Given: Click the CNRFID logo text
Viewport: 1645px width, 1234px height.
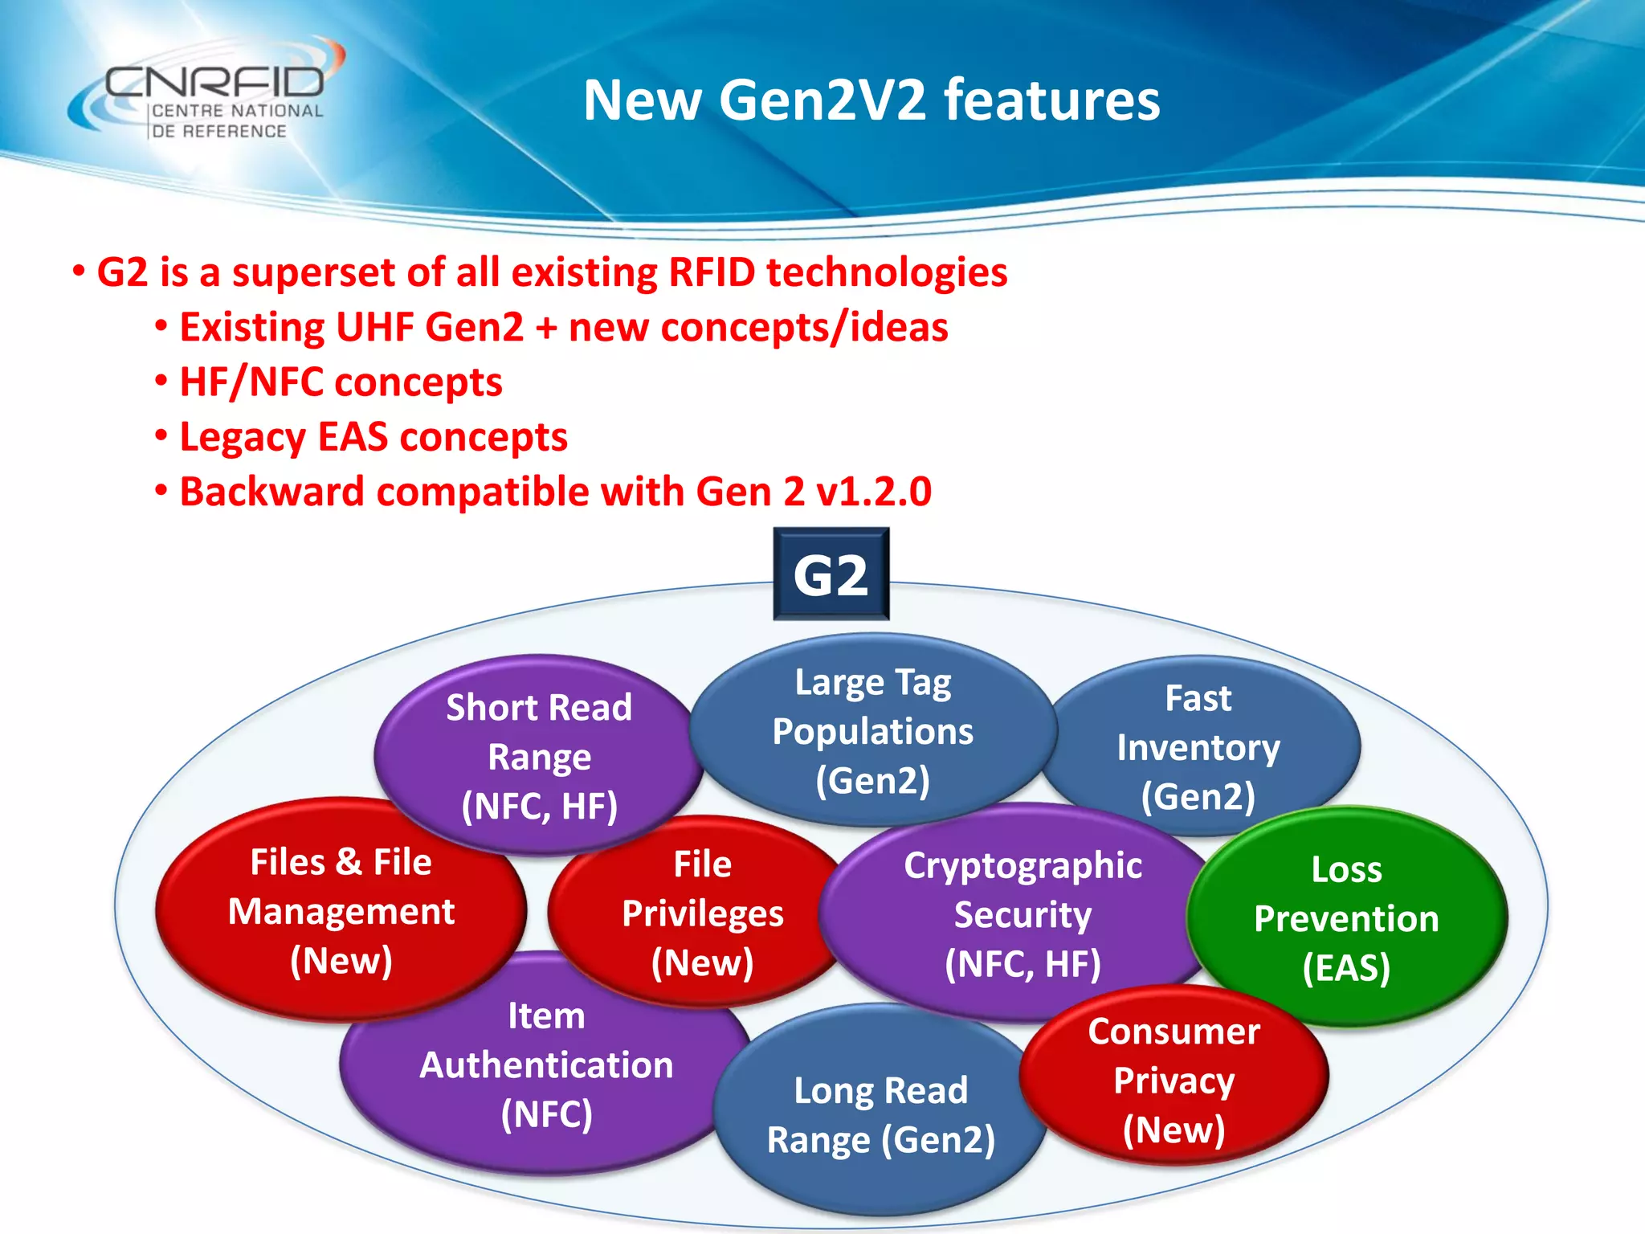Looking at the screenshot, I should click(214, 81).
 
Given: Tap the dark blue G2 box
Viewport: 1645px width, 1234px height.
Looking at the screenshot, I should click(831, 574).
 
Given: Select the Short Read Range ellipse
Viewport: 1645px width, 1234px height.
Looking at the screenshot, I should click(538, 755).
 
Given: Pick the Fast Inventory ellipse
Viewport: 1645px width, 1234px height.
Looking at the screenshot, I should click(1198, 746).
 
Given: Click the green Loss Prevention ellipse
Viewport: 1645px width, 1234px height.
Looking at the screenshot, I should click(1346, 917).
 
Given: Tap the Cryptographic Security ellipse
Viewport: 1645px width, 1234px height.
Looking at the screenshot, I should click(1022, 913).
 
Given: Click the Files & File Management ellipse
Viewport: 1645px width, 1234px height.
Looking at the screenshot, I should click(341, 910).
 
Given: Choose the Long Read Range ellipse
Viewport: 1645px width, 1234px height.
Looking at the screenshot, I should click(880, 1114).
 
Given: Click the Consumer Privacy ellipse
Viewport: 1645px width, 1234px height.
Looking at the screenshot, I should click(1174, 1079).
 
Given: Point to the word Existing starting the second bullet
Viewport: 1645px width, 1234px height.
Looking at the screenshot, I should click(251, 328).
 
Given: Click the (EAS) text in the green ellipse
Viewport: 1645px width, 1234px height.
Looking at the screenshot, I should click(1346, 967).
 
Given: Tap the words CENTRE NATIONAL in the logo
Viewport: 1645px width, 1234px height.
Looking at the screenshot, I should click(237, 111).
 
